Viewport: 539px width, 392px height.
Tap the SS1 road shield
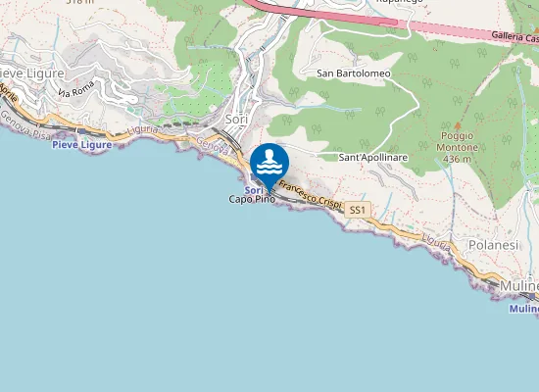[359, 210]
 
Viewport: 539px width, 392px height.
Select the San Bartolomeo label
[354, 73]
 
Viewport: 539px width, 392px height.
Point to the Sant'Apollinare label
[372, 157]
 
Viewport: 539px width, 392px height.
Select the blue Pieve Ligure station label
[81, 144]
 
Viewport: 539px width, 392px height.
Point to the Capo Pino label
[252, 200]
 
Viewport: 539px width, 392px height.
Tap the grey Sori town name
[236, 120]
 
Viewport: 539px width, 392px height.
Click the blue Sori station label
[253, 189]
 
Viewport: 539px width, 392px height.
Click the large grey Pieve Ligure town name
[32, 73]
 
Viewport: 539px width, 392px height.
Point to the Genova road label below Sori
[212, 145]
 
